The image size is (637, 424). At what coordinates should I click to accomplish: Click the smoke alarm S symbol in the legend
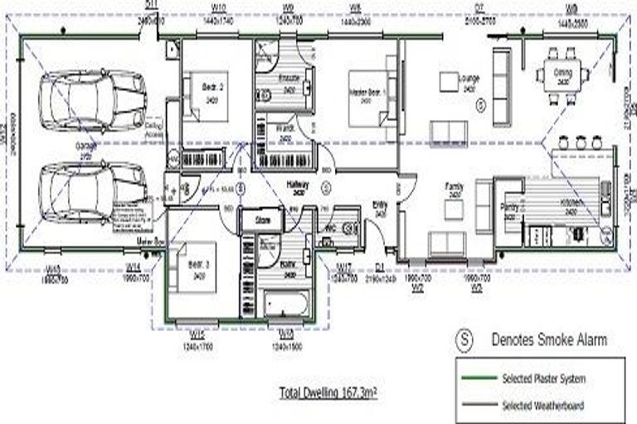tap(466, 339)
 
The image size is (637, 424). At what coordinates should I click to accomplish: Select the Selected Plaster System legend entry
tap(543, 378)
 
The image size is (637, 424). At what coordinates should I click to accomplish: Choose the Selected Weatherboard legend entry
tap(543, 405)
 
